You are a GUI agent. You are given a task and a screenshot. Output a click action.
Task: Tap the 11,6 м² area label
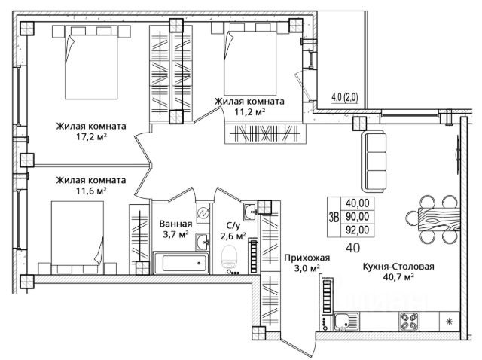tap(91, 191)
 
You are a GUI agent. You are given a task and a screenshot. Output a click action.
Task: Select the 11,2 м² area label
tap(249, 112)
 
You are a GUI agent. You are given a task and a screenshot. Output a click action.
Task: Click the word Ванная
tap(175, 224)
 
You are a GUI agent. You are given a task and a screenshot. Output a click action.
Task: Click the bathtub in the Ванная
tap(182, 263)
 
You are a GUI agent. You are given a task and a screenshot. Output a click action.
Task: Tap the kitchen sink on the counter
tap(346, 322)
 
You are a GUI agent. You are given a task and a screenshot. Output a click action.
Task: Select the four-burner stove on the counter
tap(409, 322)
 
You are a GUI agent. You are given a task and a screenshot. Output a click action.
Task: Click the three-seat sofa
tap(374, 161)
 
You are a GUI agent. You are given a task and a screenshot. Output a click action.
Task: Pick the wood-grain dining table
tap(439, 219)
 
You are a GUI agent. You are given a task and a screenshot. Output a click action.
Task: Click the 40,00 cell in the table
tap(358, 203)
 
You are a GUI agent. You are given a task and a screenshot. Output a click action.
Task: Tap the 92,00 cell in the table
tap(358, 230)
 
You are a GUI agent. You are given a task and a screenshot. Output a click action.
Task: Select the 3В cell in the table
tap(334, 217)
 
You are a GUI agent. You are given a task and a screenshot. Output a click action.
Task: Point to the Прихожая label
tap(307, 258)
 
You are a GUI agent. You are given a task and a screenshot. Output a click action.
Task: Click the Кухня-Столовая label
tap(398, 267)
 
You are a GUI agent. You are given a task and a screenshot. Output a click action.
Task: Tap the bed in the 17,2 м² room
tap(91, 63)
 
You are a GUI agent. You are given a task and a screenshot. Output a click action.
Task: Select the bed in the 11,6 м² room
tap(77, 237)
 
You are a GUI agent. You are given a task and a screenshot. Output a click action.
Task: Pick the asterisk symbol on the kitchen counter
tap(449, 322)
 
